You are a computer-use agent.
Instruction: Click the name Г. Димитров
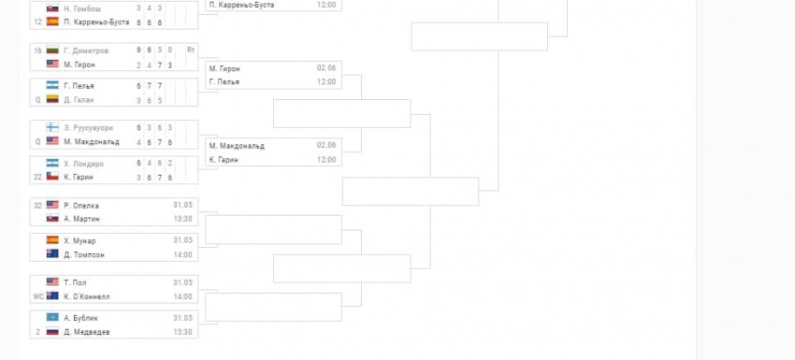pyautogui.click(x=86, y=50)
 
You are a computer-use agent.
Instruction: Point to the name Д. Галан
pyautogui.click(x=78, y=100)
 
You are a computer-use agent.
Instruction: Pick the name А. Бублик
pyautogui.click(x=80, y=318)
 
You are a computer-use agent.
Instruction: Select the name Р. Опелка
pyautogui.click(x=81, y=205)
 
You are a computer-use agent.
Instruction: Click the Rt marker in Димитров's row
pyautogui.click(x=191, y=50)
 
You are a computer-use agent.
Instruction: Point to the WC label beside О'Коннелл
pyautogui.click(x=37, y=296)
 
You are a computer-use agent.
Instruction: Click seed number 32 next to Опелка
pyautogui.click(x=37, y=205)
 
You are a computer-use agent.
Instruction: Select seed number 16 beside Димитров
pyautogui.click(x=37, y=50)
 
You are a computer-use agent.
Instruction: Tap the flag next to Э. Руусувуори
pyautogui.click(x=52, y=127)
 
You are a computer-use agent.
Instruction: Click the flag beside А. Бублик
pyautogui.click(x=52, y=318)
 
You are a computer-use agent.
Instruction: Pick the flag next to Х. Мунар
pyautogui.click(x=52, y=240)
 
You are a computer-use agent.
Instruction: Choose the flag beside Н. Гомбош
pyautogui.click(x=52, y=8)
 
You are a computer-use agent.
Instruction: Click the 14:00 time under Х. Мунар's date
pyautogui.click(x=182, y=254)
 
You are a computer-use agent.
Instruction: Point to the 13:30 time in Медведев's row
pyautogui.click(x=182, y=332)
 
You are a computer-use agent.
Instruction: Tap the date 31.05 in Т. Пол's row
pyautogui.click(x=182, y=282)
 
